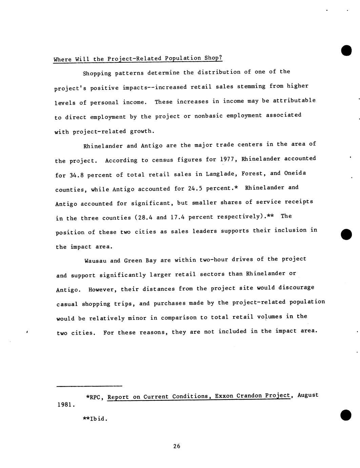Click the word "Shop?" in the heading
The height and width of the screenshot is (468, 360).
tap(213, 58)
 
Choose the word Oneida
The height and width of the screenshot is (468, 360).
tap(295, 173)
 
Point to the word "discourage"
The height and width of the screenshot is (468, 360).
tap(296, 287)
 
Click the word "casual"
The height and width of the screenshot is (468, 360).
tap(67, 304)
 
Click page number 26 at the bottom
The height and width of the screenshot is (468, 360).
tap(177, 446)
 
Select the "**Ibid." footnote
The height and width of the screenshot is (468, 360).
tap(95, 418)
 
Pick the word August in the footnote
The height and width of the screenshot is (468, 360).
tap(308, 395)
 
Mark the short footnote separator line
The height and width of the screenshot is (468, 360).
tap(89, 386)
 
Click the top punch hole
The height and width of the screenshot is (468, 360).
tap(346, 51)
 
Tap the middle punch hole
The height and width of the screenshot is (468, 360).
tap(346, 234)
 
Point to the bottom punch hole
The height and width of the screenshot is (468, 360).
tap(346, 415)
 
